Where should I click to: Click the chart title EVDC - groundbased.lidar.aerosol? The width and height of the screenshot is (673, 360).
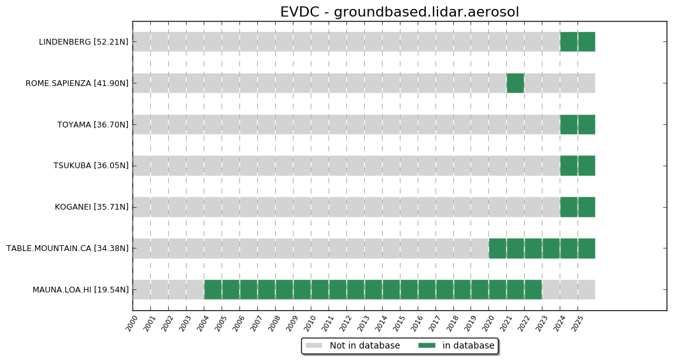(x=399, y=12)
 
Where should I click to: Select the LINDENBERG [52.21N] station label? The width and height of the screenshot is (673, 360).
(x=83, y=42)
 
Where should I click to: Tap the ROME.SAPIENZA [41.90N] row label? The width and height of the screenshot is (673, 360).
(x=77, y=83)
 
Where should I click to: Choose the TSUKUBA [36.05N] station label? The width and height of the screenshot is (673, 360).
(x=91, y=166)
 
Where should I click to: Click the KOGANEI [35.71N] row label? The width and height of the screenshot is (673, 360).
(x=92, y=207)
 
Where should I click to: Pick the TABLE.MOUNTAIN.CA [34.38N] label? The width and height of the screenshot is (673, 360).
(x=67, y=248)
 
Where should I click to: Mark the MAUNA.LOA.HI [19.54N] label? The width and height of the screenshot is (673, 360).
(x=81, y=290)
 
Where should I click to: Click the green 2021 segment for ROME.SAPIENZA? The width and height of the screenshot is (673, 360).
(x=515, y=83)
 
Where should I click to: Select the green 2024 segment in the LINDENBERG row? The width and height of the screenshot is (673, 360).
(x=569, y=41)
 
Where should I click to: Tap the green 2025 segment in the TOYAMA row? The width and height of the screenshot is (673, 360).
(x=586, y=124)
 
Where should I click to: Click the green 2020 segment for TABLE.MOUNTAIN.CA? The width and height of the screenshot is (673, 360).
(x=497, y=248)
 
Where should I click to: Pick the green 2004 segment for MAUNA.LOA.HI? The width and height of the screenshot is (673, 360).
(x=213, y=289)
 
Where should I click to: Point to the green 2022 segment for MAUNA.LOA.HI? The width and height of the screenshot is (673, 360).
(x=533, y=289)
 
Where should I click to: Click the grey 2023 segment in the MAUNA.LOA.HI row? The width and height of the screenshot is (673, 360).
(x=551, y=289)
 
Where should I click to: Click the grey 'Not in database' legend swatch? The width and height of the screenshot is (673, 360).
(x=314, y=345)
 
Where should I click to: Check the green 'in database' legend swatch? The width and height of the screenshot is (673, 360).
(x=427, y=345)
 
